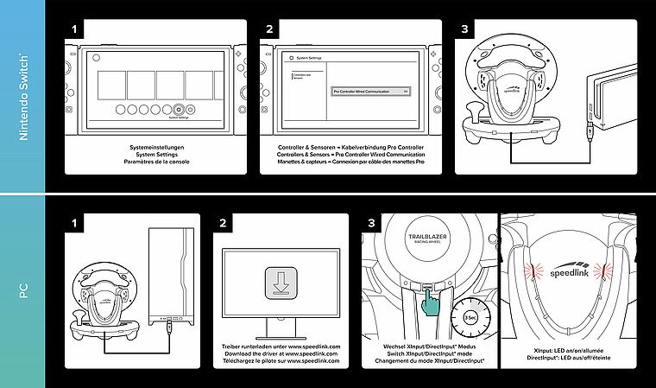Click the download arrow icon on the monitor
[281, 282]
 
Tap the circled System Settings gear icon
[178, 109]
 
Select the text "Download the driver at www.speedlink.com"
[281, 353]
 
